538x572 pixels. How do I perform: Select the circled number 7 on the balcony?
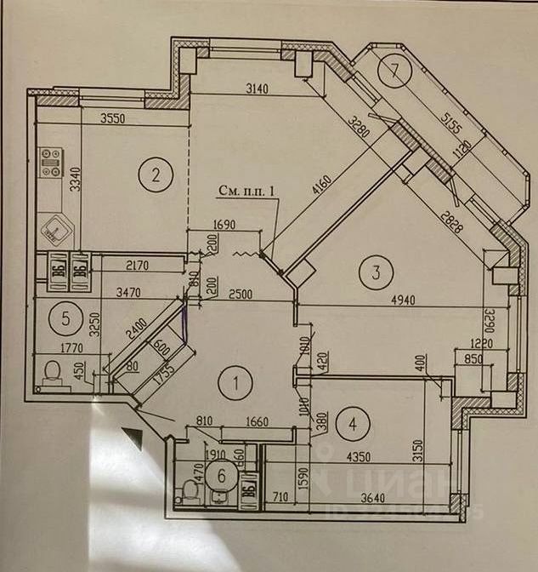coord(395,71)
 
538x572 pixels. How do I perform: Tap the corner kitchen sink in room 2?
coord(56,229)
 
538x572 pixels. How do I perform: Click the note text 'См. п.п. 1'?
coord(248,192)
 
